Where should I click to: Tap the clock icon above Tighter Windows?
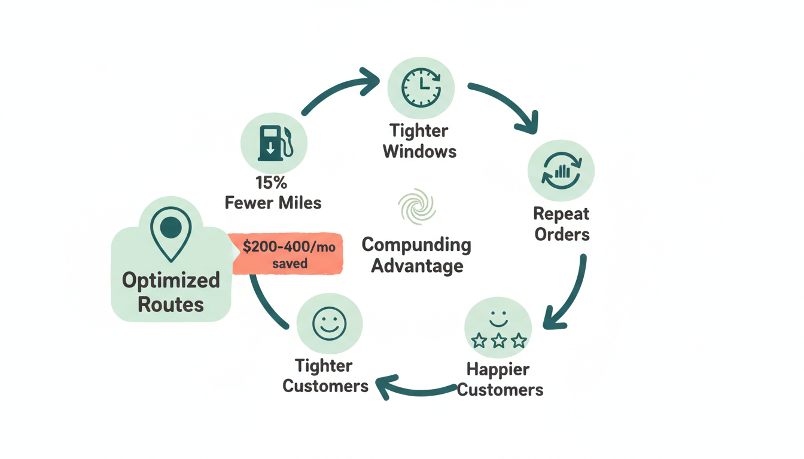421,88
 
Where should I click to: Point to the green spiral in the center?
417,207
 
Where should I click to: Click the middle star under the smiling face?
498,341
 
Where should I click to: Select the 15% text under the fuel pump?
271,183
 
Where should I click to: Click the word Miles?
297,203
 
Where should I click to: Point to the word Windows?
419,151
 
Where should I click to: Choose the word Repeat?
561,213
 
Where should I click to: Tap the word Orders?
562,234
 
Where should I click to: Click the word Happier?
498,369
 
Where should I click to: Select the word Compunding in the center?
416,245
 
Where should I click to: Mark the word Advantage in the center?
417,265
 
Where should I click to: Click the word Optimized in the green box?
170,280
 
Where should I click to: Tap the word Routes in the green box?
170,304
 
